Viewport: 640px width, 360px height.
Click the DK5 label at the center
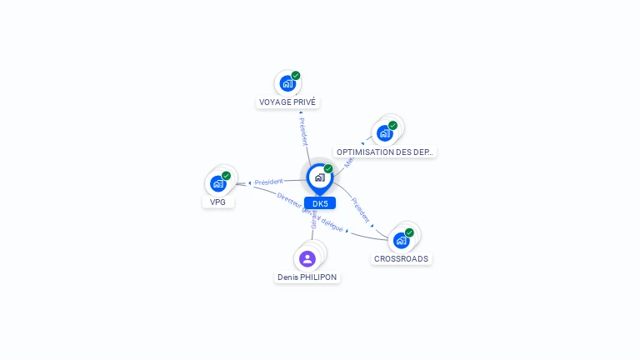coord(320,203)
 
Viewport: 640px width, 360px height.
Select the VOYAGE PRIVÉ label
coord(287,102)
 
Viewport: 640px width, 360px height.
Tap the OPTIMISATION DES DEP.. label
coord(385,152)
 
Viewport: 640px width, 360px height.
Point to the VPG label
coord(218,202)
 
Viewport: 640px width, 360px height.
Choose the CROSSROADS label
coord(401,259)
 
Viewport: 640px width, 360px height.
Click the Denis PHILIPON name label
coord(307,277)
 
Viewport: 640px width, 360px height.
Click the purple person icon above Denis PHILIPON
coord(307,258)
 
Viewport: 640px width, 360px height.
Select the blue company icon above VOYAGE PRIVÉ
coord(287,83)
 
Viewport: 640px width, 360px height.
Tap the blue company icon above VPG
coord(217,183)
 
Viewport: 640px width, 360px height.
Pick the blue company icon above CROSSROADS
coord(401,240)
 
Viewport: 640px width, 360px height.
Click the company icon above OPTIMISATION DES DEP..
coord(384,132)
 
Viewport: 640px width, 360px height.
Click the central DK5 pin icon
coord(319,177)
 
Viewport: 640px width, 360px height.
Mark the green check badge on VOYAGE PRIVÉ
coord(296,76)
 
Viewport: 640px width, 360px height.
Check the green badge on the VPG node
coord(226,176)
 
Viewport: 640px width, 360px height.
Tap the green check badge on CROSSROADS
coord(409,232)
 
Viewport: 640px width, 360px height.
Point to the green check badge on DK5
coord(328,168)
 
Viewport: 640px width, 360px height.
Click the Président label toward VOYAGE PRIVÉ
coord(303,131)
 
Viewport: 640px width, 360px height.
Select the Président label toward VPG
coord(269,182)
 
